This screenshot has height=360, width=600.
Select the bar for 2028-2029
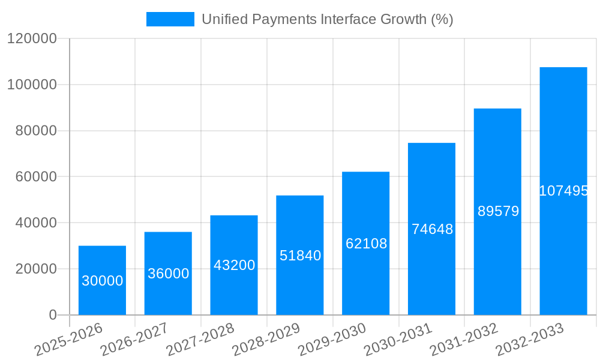click(x=299, y=282)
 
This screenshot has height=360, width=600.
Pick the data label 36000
click(x=168, y=274)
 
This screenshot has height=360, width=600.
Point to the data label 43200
click(x=234, y=265)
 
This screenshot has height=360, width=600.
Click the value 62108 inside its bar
click(x=366, y=244)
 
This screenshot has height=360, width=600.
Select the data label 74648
click(x=432, y=229)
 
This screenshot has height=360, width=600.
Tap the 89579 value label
click(x=498, y=211)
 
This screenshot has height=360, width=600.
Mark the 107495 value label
click(x=563, y=191)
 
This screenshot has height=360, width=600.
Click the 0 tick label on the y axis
click(x=53, y=315)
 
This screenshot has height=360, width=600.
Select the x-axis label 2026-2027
click(x=135, y=340)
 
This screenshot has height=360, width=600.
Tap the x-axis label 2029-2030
click(x=332, y=340)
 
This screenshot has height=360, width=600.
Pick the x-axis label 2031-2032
click(x=464, y=340)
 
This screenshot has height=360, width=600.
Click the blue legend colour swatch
click(x=170, y=19)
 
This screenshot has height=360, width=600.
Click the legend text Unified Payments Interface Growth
click(x=327, y=19)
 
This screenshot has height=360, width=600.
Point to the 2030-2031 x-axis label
click(x=398, y=340)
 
